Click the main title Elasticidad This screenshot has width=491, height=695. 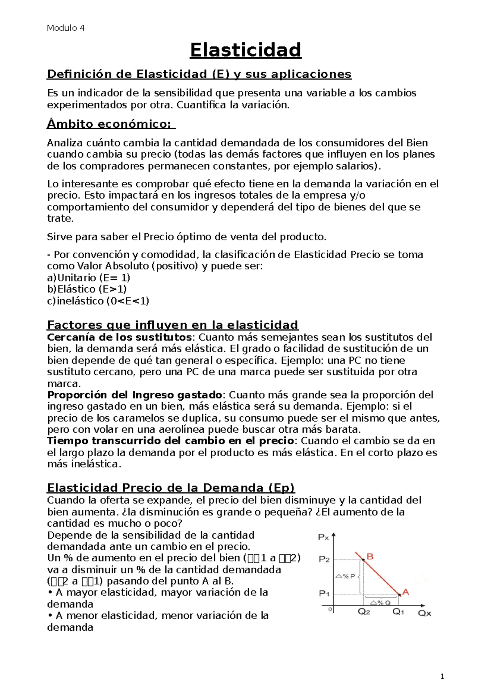(x=245, y=50)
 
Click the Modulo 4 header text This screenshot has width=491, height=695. (x=65, y=28)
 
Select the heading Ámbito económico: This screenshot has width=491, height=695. (x=110, y=124)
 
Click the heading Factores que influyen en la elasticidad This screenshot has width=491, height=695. (x=173, y=325)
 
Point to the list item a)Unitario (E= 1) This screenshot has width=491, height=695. (x=89, y=278)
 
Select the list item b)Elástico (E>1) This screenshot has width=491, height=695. (x=87, y=289)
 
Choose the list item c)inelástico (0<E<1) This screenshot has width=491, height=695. (x=98, y=301)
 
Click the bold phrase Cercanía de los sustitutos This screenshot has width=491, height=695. (x=119, y=337)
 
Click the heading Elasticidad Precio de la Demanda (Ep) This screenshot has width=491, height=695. (x=171, y=488)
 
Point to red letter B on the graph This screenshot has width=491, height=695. (x=370, y=557)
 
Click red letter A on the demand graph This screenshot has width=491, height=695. (x=406, y=592)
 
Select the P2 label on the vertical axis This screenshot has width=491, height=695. (x=324, y=559)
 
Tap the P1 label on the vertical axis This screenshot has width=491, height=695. (x=324, y=593)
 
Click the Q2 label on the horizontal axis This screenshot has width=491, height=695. (x=364, y=612)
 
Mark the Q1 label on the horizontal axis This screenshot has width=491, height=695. (x=398, y=612)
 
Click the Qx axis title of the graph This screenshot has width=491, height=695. (x=424, y=613)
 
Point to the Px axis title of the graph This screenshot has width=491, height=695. (x=323, y=537)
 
